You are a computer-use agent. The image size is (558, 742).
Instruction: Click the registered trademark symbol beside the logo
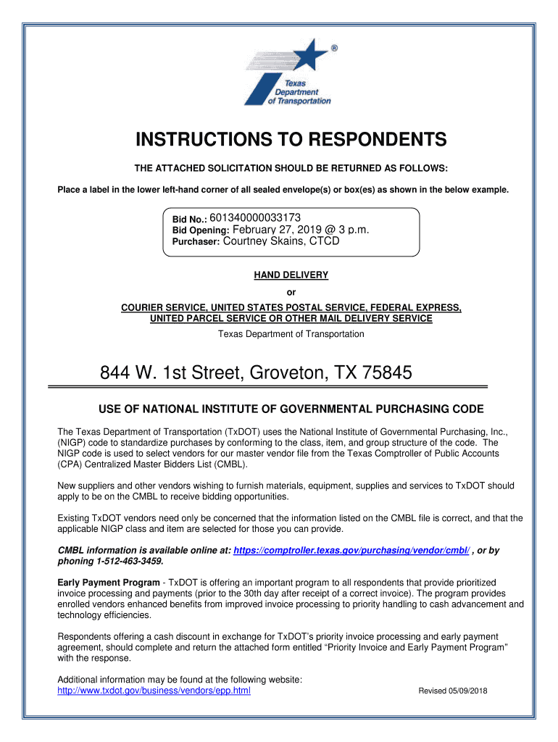[333, 49]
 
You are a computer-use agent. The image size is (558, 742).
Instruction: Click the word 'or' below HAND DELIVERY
[291, 293]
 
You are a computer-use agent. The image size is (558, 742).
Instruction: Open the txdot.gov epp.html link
[154, 691]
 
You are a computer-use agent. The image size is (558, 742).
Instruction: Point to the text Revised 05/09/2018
[453, 691]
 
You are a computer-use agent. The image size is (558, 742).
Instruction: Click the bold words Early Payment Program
[109, 583]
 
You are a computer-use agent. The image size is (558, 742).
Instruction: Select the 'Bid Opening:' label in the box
[201, 231]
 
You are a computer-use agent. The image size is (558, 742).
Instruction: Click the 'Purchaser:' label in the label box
[196, 243]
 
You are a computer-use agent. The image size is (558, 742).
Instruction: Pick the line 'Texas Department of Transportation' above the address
[291, 334]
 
